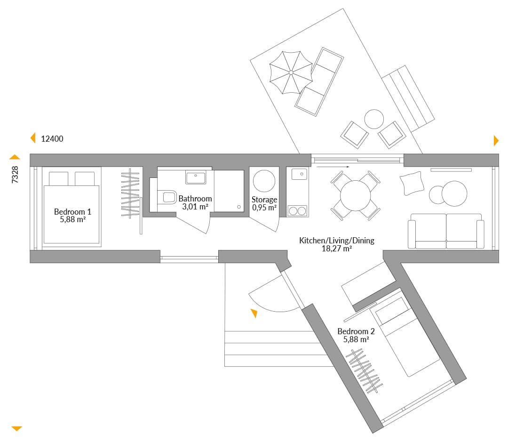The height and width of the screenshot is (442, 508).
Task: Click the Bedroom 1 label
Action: [72, 212]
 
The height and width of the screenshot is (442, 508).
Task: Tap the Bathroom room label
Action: [195, 199]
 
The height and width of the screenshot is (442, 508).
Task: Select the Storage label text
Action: [264, 200]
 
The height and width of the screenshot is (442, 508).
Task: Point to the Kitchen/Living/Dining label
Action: [337, 241]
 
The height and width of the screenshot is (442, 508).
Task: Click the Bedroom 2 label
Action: [356, 331]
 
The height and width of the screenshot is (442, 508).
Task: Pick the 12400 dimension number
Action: [52, 139]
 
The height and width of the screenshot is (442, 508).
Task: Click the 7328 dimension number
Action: [15, 175]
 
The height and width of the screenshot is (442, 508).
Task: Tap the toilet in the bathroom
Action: [167, 197]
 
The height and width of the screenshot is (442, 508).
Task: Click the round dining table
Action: [356, 196]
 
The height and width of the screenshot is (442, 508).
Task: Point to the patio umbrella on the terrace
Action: [291, 72]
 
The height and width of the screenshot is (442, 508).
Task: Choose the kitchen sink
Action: [299, 174]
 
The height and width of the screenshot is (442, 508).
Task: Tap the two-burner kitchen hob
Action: [297, 211]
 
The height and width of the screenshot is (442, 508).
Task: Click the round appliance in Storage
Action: [264, 181]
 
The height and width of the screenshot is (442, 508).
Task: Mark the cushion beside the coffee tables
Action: [412, 183]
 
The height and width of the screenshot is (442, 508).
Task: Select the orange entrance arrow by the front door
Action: [254, 313]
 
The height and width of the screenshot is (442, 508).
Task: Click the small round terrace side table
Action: [374, 119]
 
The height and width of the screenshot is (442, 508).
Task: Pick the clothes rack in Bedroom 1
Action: [130, 193]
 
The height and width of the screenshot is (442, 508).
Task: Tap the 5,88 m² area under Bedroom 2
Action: [356, 339]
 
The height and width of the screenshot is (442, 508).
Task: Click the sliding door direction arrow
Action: [333, 167]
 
